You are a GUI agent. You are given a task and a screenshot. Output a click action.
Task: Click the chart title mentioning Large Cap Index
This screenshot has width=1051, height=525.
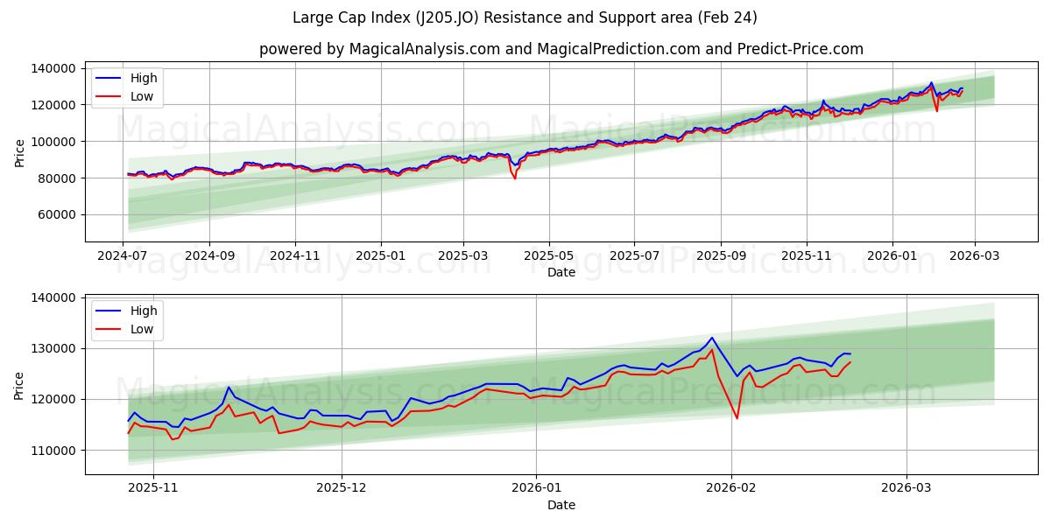pos(525,17)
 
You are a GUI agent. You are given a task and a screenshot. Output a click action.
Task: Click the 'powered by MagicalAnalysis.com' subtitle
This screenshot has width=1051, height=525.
pos(561,49)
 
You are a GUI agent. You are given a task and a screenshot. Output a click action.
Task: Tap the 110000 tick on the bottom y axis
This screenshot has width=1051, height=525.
pos(53,450)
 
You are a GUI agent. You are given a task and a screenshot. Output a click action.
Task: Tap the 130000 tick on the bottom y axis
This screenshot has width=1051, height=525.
pos(53,348)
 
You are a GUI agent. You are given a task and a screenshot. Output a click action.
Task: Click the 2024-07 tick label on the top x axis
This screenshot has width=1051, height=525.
pos(123,255)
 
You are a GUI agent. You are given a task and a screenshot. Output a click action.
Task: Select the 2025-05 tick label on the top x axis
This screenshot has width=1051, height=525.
pos(549,255)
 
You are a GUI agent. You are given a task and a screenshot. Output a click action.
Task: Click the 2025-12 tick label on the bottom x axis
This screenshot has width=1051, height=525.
pos(342,488)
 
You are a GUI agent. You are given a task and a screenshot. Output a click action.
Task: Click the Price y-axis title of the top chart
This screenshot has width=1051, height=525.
pos(19,153)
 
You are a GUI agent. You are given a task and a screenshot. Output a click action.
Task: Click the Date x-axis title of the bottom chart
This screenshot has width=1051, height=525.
pos(561,505)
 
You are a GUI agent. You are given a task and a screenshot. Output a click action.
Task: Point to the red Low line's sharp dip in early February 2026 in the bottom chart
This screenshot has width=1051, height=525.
pos(737,418)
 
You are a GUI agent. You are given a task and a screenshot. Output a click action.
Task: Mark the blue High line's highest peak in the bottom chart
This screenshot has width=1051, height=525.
pos(711,338)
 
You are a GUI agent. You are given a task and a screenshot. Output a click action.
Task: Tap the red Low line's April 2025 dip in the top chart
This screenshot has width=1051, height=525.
pos(514,178)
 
